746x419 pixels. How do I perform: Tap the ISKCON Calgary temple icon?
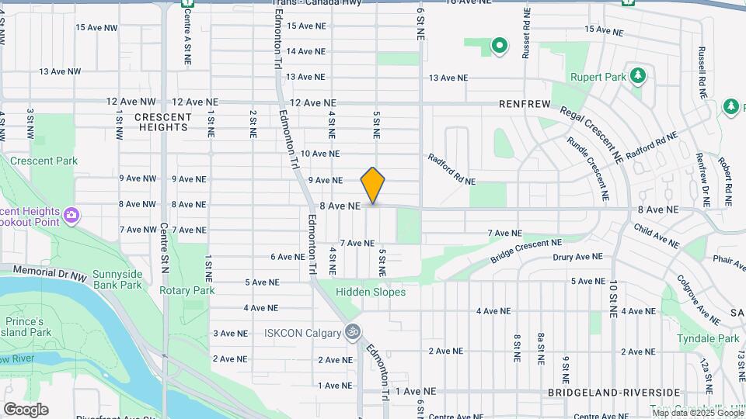pyautogui.click(x=354, y=331)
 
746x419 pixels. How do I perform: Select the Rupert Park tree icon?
pyautogui.click(x=638, y=75)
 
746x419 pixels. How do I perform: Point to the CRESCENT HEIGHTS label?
pyautogui.click(x=162, y=122)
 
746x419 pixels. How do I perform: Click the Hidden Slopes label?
pyautogui.click(x=371, y=292)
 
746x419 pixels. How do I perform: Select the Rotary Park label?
pyautogui.click(x=186, y=290)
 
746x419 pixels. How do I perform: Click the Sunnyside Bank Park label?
pyautogui.click(x=117, y=279)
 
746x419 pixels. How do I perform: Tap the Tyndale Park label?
pyautogui.click(x=708, y=339)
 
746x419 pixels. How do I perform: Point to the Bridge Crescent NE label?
pyautogui.click(x=526, y=250)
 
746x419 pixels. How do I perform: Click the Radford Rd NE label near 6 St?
pyautogui.click(x=451, y=169)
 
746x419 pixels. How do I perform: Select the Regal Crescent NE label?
pyautogui.click(x=590, y=127)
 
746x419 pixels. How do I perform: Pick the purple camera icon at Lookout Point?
pyautogui.click(x=71, y=215)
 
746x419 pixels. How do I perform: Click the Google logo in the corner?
pyautogui.click(x=26, y=410)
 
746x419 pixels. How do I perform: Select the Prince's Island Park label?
pyautogui.click(x=28, y=327)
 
